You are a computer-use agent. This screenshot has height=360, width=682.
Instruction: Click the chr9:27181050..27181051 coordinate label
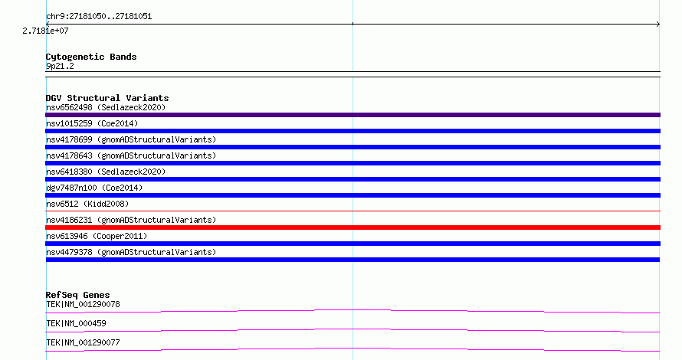[99, 17]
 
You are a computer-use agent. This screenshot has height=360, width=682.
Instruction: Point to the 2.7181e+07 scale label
[46, 31]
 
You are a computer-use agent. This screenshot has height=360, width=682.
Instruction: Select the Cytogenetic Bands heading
[91, 57]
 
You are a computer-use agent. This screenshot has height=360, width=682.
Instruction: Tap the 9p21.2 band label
[60, 66]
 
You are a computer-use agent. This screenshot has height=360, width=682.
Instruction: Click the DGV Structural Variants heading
[107, 98]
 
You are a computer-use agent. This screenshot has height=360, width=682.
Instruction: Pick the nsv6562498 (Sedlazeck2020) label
[106, 107]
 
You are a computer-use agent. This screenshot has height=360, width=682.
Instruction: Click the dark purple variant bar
[352, 115]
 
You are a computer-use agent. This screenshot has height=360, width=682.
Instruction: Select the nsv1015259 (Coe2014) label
[92, 123]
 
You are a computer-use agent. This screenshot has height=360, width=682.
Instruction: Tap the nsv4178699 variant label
[131, 139]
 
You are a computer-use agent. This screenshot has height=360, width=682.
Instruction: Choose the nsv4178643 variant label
[131, 155]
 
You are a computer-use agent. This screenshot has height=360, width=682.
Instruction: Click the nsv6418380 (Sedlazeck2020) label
[106, 172]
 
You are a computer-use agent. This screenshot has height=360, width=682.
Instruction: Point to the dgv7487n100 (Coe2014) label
[94, 188]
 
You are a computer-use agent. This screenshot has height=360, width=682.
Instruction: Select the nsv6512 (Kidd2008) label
[87, 204]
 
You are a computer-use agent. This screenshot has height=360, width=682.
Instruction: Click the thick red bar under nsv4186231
[352, 227]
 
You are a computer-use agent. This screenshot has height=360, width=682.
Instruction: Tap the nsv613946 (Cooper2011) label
[97, 236]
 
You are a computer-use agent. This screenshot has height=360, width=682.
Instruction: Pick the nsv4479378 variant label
[131, 252]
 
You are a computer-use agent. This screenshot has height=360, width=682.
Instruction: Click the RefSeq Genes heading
[77, 295]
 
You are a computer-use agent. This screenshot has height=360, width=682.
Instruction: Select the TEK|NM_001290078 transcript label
[83, 304]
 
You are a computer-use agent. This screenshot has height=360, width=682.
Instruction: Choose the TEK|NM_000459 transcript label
[76, 323]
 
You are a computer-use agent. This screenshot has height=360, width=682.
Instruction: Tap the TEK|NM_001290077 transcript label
[83, 342]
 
